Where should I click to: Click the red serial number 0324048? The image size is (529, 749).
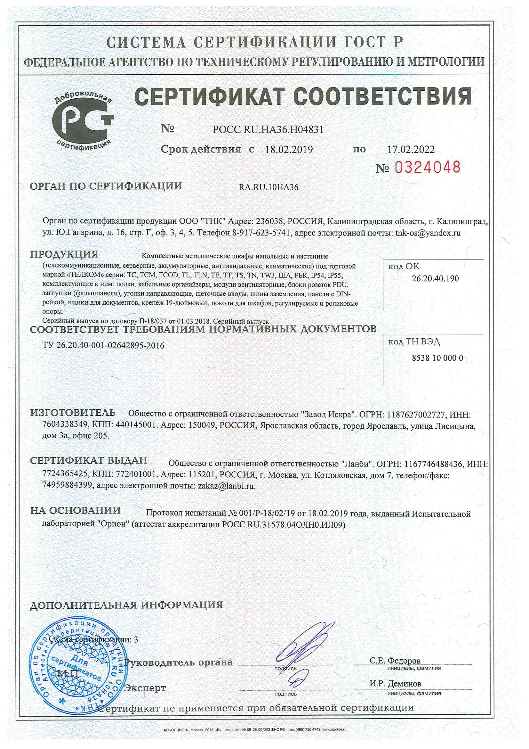coord(427,167)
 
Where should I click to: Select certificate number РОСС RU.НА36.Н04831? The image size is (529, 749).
coord(268,129)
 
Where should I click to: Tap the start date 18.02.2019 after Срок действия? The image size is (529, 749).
coord(289,150)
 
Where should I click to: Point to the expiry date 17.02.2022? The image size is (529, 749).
coord(411,150)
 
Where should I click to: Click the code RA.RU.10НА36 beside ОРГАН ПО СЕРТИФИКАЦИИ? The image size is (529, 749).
coord(268,187)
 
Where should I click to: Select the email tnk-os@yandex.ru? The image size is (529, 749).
coord(428,233)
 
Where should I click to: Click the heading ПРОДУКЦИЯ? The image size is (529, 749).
coord(64,254)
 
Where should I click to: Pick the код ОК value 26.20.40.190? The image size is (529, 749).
coord(435,279)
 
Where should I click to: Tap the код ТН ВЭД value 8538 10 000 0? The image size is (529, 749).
coord(437,358)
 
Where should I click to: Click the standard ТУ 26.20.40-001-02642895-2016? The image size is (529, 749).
coord(103,345)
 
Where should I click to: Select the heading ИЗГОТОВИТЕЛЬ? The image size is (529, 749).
coord(73,413)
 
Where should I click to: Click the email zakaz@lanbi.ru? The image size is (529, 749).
coord(227,486)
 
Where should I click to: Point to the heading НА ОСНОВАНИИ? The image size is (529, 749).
coord(75,510)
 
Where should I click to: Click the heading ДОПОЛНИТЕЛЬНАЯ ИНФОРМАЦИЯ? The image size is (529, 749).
coord(126,605)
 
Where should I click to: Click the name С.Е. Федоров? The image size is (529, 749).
coord(395,661)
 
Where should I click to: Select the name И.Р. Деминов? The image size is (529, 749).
coord(395,683)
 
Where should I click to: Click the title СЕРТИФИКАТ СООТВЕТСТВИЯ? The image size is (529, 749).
coord(303,96)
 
